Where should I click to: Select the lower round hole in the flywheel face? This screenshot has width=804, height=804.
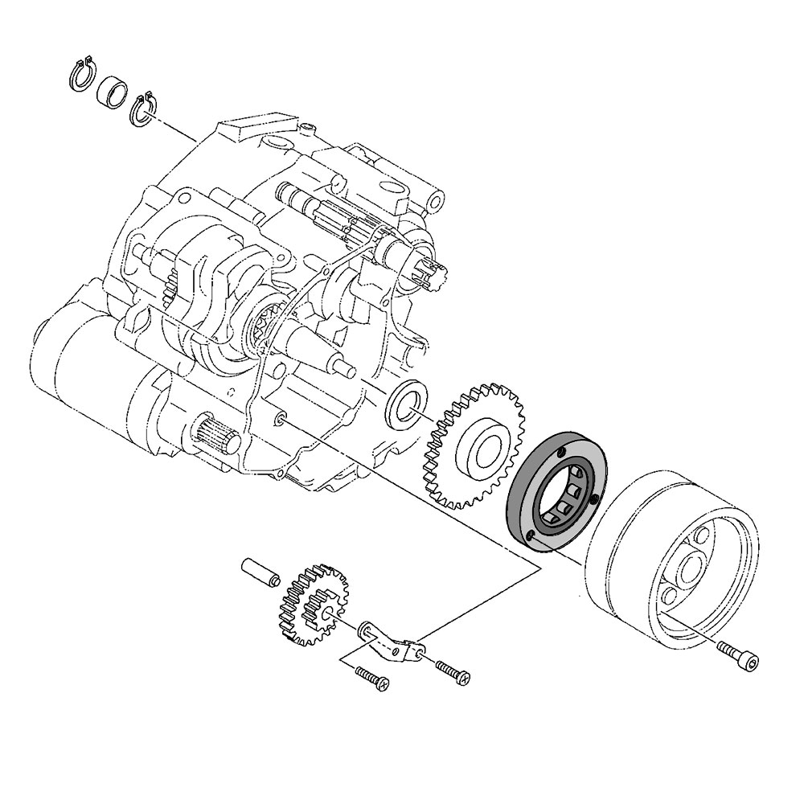(670, 597)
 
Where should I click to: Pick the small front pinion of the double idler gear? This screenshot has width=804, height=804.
(328, 613)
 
